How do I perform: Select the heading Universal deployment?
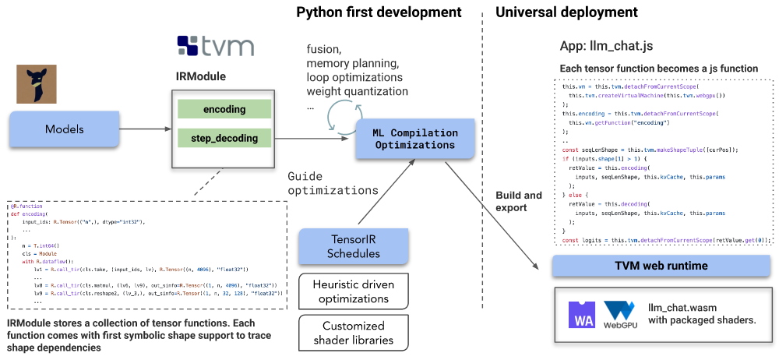coord(566,12)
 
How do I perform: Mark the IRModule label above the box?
coord(200,78)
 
